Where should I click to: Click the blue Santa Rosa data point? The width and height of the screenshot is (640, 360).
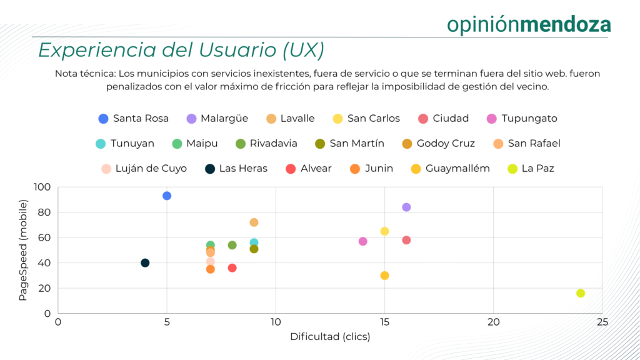tap(167, 196)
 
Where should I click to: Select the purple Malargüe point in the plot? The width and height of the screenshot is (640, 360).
tap(406, 207)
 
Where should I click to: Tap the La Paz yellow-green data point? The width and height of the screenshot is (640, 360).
tap(581, 293)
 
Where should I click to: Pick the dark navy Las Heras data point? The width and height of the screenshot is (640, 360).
tap(145, 262)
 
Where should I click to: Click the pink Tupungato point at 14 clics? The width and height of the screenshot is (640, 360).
tap(363, 241)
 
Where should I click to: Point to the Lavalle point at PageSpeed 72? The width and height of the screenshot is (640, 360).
tap(254, 222)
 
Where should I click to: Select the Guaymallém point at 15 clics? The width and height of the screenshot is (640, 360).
tap(384, 276)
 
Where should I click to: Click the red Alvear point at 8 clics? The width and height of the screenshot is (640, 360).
tap(232, 267)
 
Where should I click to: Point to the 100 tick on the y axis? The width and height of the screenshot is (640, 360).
tap(42, 187)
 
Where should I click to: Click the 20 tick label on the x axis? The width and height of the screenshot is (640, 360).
tap(493, 322)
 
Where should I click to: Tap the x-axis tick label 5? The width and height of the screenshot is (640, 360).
tap(167, 322)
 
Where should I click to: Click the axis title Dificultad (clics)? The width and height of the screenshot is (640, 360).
tap(330, 337)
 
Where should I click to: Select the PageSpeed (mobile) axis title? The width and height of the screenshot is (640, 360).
tap(23, 249)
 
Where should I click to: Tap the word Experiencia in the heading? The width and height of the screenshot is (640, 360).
tap(87, 50)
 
